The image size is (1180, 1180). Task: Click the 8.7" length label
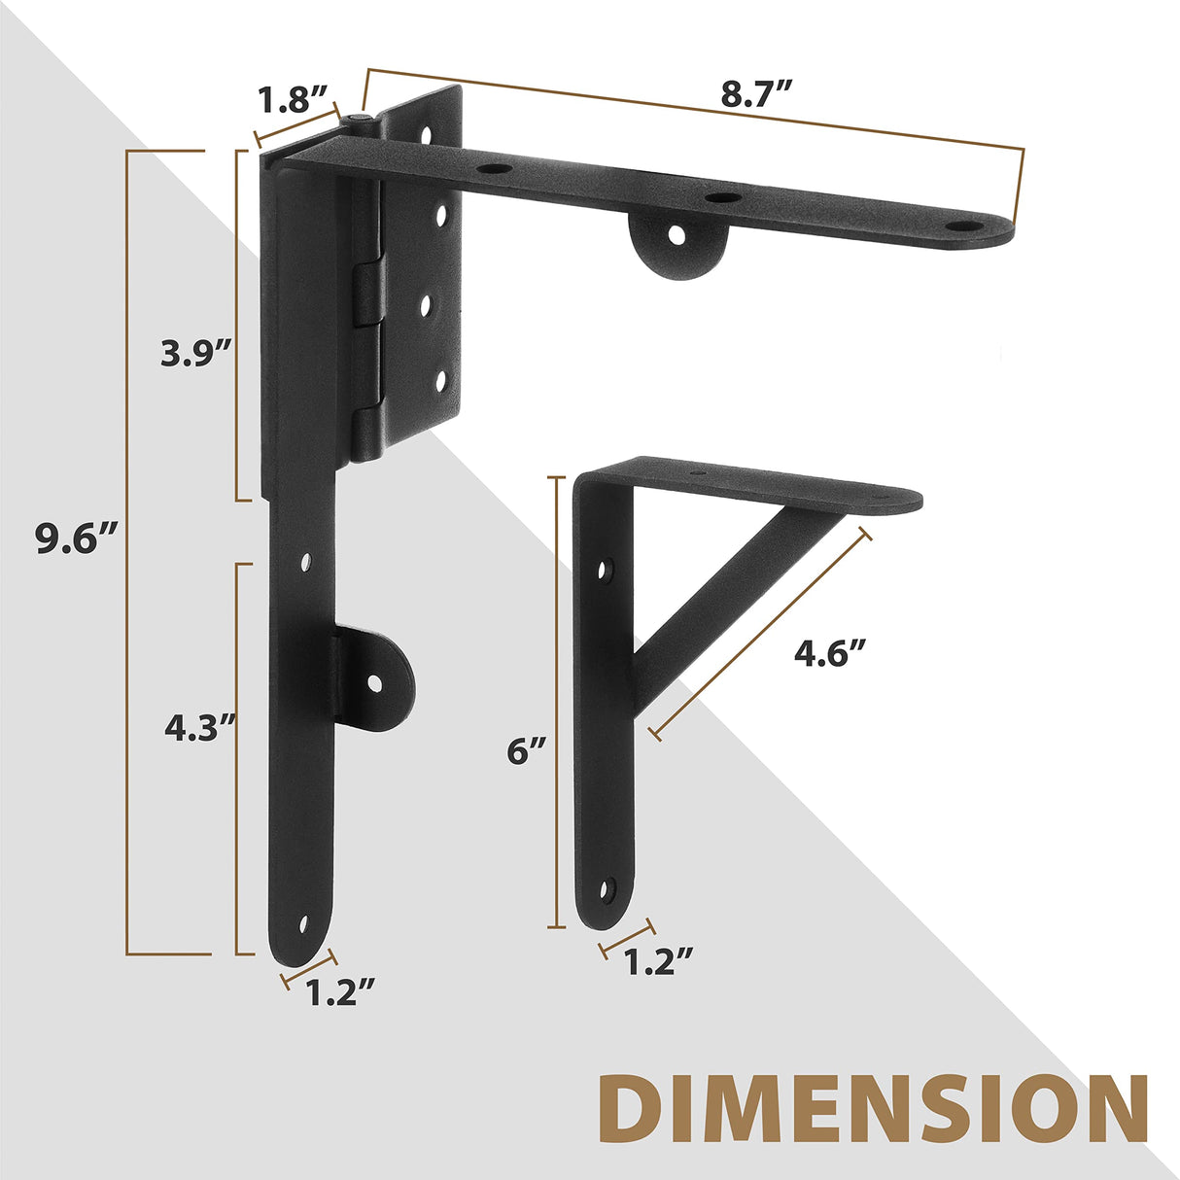pyautogui.click(x=757, y=94)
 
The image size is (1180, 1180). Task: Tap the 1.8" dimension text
pyautogui.click(x=289, y=98)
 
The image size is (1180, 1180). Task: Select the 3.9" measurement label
pyautogui.click(x=195, y=353)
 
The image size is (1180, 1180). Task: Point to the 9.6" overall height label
pyautogui.click(x=77, y=538)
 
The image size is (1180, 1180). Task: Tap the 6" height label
pyautogui.click(x=526, y=750)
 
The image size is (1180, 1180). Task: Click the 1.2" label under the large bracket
pyautogui.click(x=340, y=993)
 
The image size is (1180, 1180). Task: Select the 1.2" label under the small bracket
pyautogui.click(x=658, y=961)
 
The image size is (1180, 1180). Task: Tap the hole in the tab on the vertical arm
pyautogui.click(x=375, y=682)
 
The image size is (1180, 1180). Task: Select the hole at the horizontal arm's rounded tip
pyautogui.click(x=963, y=226)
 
